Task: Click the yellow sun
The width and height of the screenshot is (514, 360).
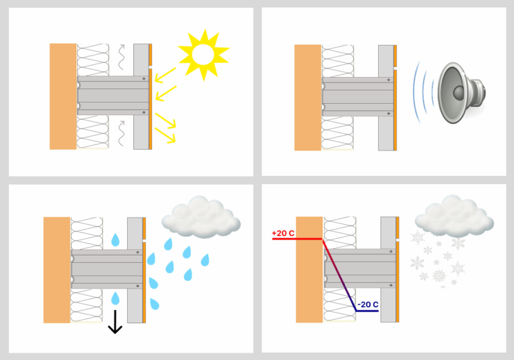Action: pyautogui.click(x=203, y=54)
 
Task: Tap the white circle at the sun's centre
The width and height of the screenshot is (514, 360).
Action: pyautogui.click(x=203, y=54)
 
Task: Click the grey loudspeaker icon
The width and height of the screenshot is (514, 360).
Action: pyautogui.click(x=462, y=93)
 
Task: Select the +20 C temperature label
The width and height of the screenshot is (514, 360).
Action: pyautogui.click(x=283, y=233)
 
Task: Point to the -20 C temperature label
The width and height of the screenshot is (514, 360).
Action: pyautogui.click(x=368, y=304)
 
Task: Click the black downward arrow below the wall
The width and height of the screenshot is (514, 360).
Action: pyautogui.click(x=115, y=322)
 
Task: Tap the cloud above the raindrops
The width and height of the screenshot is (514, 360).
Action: pyautogui.click(x=201, y=216)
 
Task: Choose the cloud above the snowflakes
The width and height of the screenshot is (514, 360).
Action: pyautogui.click(x=454, y=215)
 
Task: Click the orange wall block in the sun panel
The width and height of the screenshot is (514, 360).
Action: pyautogui.click(x=63, y=96)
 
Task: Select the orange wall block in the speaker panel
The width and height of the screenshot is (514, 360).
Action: pyautogui.click(x=308, y=98)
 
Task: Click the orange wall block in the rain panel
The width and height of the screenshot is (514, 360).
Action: pyautogui.click(x=57, y=270)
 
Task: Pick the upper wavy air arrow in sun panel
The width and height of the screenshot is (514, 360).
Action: pyautogui.click(x=121, y=57)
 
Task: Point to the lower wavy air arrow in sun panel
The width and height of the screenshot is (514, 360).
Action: pyautogui.click(x=121, y=133)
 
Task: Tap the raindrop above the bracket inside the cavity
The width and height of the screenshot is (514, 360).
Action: pyautogui.click(x=115, y=240)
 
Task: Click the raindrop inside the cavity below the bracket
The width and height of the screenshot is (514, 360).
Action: pyautogui.click(x=115, y=298)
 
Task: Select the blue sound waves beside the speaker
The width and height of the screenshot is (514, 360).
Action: pyautogui.click(x=423, y=92)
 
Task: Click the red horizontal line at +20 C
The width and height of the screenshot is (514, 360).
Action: pyautogui.click(x=297, y=239)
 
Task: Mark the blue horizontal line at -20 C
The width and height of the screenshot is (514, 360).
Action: pyautogui.click(x=367, y=310)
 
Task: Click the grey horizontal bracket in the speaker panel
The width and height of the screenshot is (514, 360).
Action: pyautogui.click(x=358, y=97)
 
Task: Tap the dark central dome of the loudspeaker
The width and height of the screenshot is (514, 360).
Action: pyautogui.click(x=458, y=92)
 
